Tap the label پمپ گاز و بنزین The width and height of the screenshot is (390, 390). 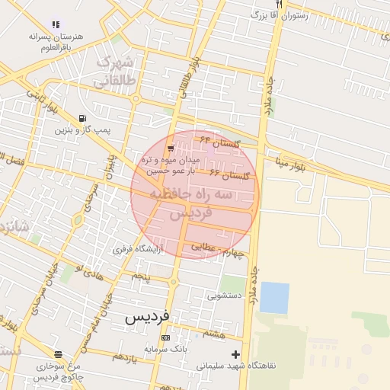82,130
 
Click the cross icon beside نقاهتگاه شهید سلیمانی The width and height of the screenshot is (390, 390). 235,354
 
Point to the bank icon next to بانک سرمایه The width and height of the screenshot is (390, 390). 165,337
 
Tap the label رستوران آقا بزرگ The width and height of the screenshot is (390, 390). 283,15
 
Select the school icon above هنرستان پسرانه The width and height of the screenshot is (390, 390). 55,24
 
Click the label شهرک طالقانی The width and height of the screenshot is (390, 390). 116,69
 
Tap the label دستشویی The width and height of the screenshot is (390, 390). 227,293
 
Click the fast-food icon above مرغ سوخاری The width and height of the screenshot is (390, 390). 58,353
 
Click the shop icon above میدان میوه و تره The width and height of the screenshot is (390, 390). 170,148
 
